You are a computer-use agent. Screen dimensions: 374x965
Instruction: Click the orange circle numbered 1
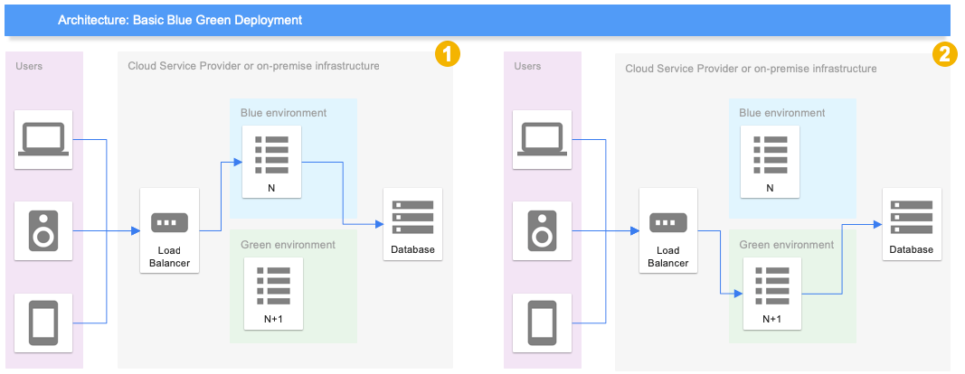448,54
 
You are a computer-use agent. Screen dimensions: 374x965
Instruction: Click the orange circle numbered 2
944,54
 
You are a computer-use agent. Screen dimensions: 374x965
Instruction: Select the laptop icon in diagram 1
43,139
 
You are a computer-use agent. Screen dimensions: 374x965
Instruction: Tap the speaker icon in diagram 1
43,229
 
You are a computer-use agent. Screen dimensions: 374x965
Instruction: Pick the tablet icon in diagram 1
43,322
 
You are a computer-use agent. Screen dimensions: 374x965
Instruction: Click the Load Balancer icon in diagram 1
169,224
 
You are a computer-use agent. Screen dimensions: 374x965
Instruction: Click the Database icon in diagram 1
412,218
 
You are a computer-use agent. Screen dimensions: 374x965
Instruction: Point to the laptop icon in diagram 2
542,139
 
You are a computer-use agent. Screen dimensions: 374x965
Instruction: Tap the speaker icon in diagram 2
542,229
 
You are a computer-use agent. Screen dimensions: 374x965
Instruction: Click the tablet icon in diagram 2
542,322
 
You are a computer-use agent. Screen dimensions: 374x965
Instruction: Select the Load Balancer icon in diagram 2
668,223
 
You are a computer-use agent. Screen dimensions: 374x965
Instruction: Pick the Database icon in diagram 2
912,218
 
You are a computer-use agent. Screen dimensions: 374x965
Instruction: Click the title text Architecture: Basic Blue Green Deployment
180,20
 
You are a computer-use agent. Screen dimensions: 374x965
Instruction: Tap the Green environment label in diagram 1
288,245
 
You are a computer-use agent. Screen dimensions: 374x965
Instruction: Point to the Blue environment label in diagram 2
782,113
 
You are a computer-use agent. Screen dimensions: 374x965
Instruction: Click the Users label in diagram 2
528,66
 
